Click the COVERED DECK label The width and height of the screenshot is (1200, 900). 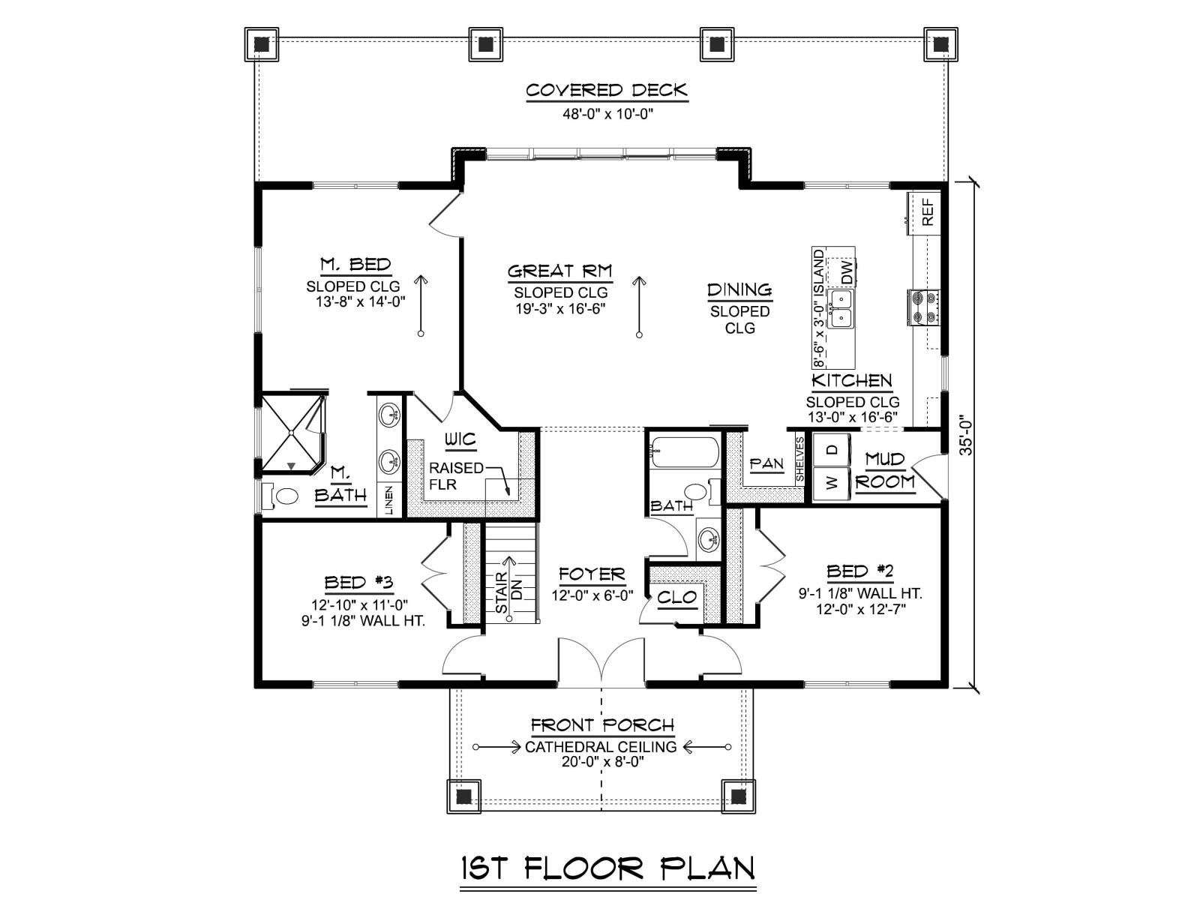click(x=607, y=91)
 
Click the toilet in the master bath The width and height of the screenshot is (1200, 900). click(x=280, y=496)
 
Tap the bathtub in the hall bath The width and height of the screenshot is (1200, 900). click(x=684, y=452)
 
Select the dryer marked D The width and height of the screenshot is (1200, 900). click(x=832, y=450)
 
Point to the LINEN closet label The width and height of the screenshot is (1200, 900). click(x=388, y=500)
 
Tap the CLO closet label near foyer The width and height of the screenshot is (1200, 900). click(x=677, y=597)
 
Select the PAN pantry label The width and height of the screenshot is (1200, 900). click(x=767, y=464)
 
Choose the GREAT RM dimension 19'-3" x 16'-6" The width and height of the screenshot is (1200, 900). click(x=561, y=309)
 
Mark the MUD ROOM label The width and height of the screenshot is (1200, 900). click(x=885, y=471)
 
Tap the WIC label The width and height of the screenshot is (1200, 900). click(x=460, y=440)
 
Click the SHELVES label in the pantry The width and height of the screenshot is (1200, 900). click(x=800, y=460)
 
